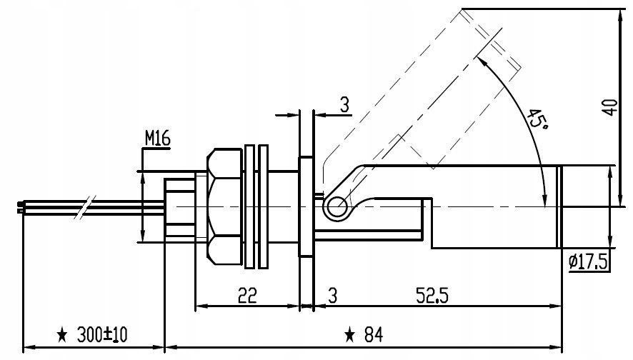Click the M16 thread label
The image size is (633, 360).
pos(158,139)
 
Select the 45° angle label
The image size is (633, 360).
pos(537,119)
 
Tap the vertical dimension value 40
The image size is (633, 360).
pos(611,107)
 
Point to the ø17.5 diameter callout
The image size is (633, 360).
pos(588,262)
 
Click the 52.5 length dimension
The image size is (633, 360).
pos(432,296)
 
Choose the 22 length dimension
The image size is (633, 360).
pos(247,296)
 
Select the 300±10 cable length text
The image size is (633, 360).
pos(102,334)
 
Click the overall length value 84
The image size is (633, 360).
pos(374,334)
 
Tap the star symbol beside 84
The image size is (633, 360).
pos(349,335)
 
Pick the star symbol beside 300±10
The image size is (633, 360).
pos(62,335)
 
